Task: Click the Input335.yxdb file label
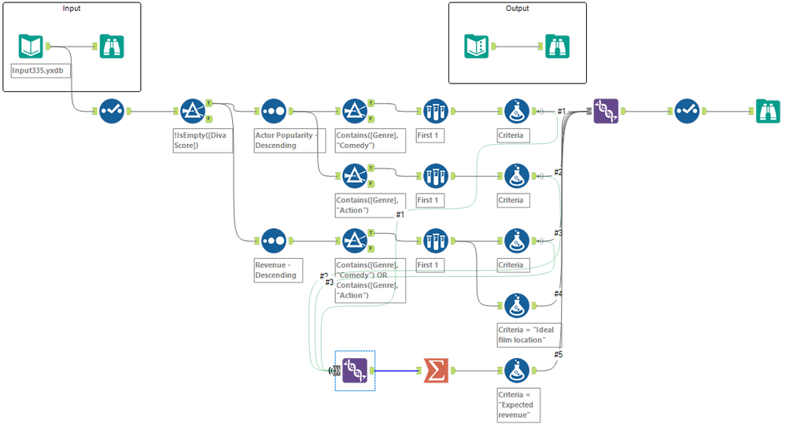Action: tap(37, 69)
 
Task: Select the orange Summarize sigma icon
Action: tap(436, 370)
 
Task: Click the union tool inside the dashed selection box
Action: tap(355, 370)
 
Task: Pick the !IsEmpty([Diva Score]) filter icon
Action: tap(193, 111)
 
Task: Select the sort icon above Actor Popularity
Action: tap(273, 111)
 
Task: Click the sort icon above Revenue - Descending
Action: tap(273, 240)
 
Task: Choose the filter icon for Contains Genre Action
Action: tap(355, 176)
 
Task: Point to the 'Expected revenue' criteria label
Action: tap(519, 403)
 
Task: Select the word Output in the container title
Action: tap(517, 9)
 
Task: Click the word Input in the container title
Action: tap(72, 9)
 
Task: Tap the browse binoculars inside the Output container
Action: tap(558, 46)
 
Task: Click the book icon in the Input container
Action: tap(31, 46)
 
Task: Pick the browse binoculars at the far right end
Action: tap(766, 111)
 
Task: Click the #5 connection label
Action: tap(558, 355)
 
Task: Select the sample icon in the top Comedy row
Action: tap(435, 111)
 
